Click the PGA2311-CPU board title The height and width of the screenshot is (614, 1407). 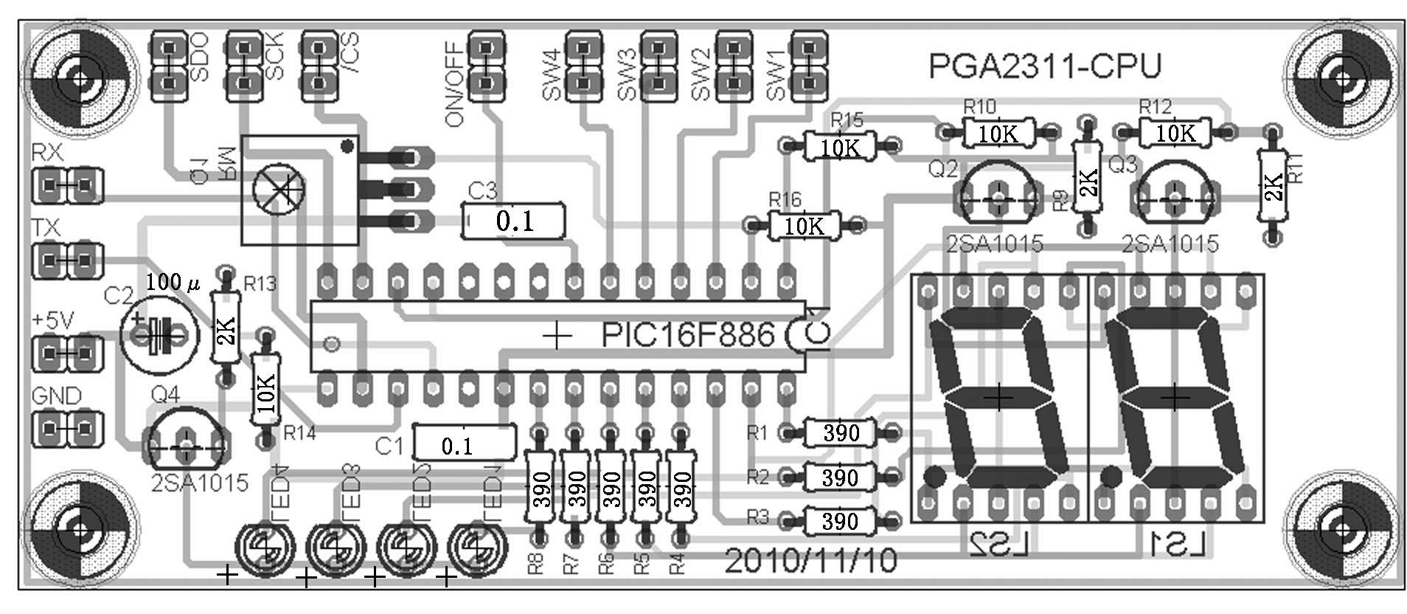pos(1044,66)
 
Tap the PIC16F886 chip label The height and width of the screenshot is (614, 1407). pos(687,335)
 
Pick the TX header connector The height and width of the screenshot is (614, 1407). pos(66,260)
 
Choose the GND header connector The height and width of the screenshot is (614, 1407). pos(66,427)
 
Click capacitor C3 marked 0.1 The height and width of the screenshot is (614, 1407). pos(514,221)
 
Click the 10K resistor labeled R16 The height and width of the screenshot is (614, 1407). pos(805,226)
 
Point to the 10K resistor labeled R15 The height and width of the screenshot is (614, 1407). pos(840,146)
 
